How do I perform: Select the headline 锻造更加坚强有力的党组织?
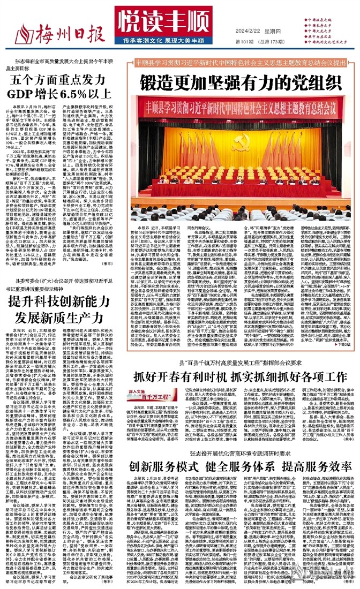click(240, 83)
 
